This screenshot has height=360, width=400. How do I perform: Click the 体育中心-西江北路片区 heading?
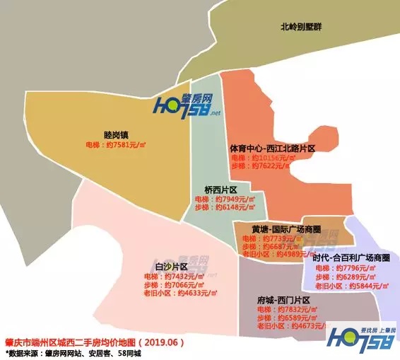(272, 149)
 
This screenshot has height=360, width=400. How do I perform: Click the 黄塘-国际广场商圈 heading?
(286, 230)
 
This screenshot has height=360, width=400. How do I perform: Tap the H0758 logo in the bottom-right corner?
(358, 339)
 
